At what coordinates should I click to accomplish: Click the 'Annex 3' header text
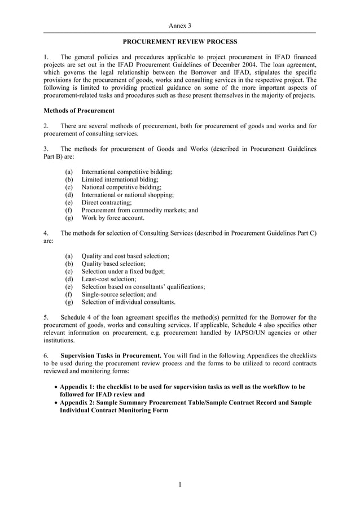180,26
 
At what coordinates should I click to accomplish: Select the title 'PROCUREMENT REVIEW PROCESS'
180,42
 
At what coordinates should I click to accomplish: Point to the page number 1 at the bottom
180,485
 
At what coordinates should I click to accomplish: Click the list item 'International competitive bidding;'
127,171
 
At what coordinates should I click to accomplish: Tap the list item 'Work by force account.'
113,217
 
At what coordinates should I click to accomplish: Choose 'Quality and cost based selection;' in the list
125,256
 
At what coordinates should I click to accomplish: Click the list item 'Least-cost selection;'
109,279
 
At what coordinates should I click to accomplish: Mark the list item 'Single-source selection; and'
119,294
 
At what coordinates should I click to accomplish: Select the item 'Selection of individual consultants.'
129,302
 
